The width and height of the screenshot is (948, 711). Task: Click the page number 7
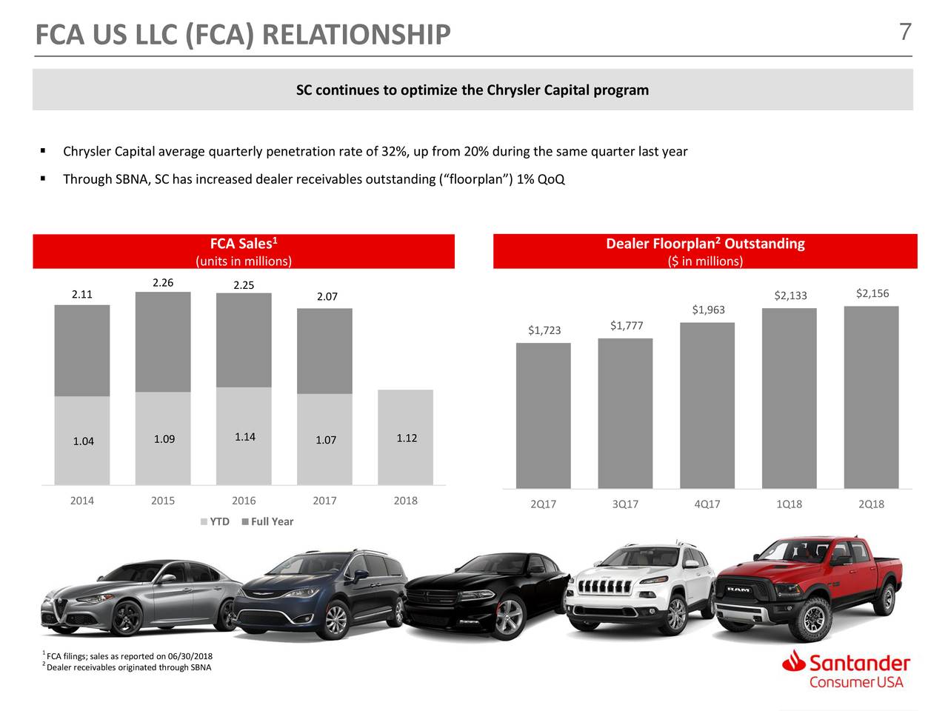[x=904, y=33]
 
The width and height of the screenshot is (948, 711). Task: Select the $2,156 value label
[x=872, y=293]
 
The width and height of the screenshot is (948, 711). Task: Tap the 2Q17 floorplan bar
[x=543, y=415]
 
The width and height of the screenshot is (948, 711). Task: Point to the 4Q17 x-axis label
[x=707, y=504]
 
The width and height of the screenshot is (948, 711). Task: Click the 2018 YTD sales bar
[x=405, y=437]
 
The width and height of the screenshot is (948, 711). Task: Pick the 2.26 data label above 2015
[x=163, y=283]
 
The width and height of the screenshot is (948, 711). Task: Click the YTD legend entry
[x=215, y=521]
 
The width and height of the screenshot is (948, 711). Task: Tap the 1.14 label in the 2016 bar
[x=244, y=436]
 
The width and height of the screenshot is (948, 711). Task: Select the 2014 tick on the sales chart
[x=81, y=501]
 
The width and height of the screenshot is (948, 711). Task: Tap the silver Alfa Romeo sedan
[x=141, y=600]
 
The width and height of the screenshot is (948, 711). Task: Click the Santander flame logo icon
[x=795, y=662]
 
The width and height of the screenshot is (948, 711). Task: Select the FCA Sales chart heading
[x=243, y=244]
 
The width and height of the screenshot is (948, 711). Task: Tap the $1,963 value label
[x=708, y=310]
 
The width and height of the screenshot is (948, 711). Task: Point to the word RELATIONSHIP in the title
[x=355, y=34]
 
